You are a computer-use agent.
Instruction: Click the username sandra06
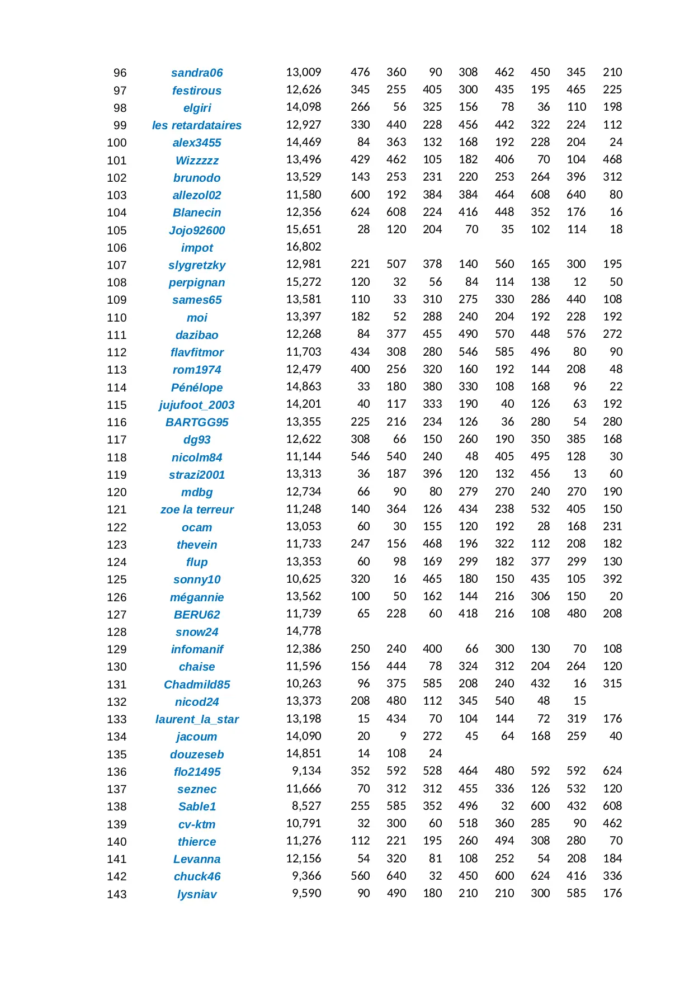(x=197, y=73)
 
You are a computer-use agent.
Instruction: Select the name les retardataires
(x=197, y=125)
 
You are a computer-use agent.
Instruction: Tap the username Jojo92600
(x=197, y=230)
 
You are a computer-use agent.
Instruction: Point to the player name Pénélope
(x=197, y=388)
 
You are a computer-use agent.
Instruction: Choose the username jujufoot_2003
(x=197, y=405)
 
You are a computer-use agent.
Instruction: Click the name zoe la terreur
(x=197, y=510)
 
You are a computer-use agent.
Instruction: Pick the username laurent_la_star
(x=197, y=719)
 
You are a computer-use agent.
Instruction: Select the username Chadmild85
(x=197, y=685)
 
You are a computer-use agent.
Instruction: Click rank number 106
(x=117, y=248)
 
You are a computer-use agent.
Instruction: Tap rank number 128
(x=117, y=632)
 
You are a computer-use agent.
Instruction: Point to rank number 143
(x=117, y=894)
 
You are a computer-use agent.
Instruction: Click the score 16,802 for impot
(x=304, y=247)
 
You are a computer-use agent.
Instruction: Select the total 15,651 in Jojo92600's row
(x=304, y=229)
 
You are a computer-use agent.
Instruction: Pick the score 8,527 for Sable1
(x=306, y=806)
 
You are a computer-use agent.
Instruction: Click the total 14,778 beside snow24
(x=304, y=631)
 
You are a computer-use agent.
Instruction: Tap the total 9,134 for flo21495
(x=306, y=771)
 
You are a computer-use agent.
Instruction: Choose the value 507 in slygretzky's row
(x=396, y=264)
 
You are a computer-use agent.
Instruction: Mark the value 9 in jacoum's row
(x=403, y=736)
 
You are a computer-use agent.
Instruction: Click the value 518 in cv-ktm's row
(x=468, y=823)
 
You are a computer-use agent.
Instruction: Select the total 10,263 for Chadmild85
(x=304, y=683)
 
